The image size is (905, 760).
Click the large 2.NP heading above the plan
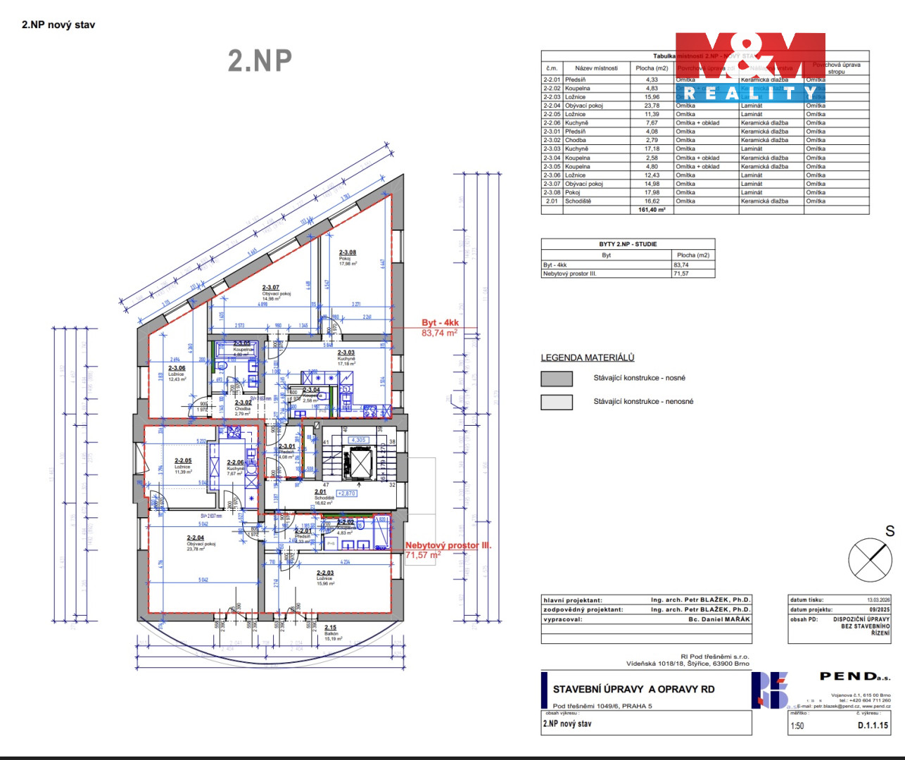260,61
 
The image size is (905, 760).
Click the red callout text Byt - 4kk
440,323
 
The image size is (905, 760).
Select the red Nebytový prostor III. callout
448,545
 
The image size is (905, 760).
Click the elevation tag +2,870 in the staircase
347,493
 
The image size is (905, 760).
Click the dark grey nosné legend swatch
557,379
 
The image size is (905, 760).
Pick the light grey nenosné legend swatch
557,402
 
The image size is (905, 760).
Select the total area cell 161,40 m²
652,210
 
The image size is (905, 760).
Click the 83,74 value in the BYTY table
681,265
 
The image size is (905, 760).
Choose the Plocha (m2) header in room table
652,68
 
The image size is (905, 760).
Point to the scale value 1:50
797,726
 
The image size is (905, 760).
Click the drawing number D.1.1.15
873,725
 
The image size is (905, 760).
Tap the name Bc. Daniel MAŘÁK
719,619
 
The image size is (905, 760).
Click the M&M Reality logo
750,67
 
